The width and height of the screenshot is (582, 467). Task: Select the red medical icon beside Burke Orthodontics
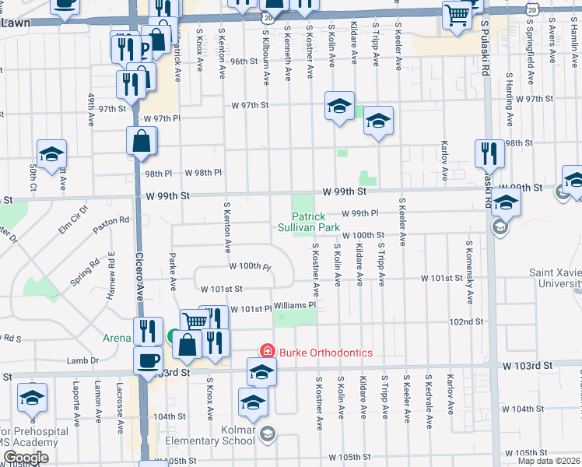pyautogui.click(x=267, y=352)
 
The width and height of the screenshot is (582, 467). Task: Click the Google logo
pyautogui.click(x=26, y=458)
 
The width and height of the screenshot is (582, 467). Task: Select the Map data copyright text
pyautogui.click(x=549, y=461)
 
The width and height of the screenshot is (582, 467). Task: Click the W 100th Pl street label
pyautogui.click(x=250, y=267)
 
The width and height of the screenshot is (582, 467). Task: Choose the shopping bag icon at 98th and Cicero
pyautogui.click(x=142, y=141)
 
